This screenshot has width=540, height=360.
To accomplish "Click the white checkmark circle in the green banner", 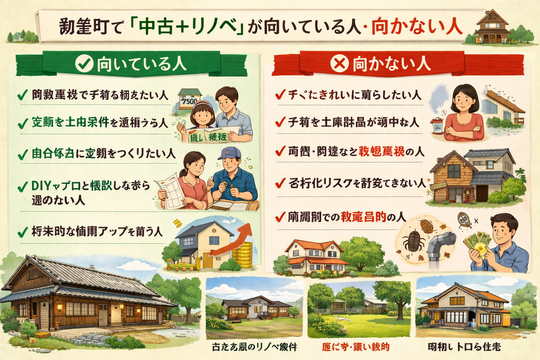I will (84, 64).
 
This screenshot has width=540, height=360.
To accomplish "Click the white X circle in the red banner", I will (340, 64).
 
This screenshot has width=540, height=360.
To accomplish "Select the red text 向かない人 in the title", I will (417, 27).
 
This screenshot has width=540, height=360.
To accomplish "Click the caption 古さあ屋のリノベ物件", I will (255, 347).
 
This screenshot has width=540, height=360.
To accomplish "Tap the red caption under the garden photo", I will (356, 347).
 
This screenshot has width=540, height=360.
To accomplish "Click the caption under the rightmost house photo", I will (464, 347).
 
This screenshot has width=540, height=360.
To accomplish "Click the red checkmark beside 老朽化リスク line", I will (280, 183).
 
